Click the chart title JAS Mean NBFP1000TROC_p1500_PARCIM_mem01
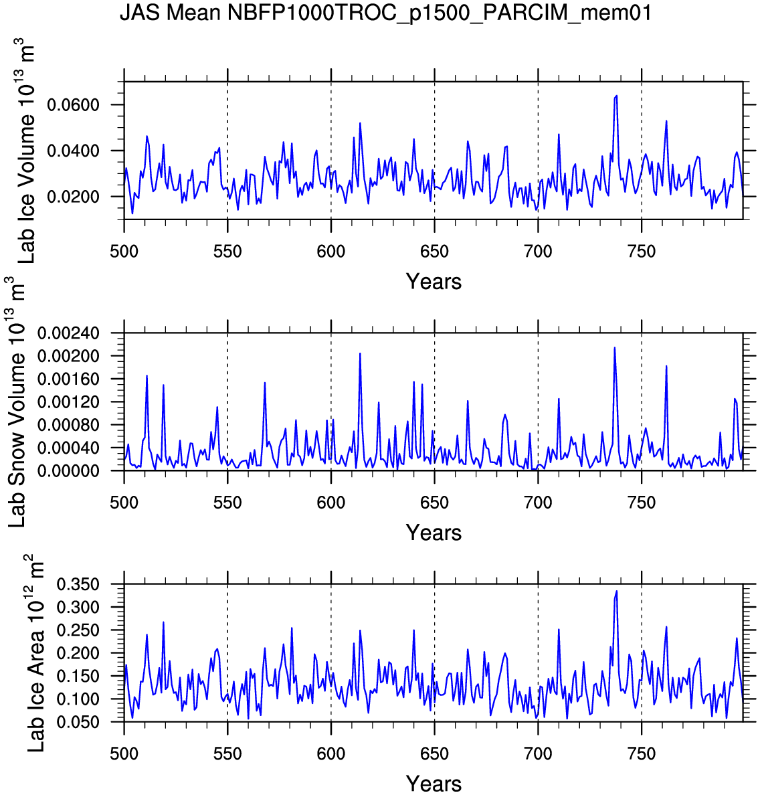(x=385, y=13)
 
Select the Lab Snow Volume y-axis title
(x=17, y=402)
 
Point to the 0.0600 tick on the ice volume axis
(x=73, y=105)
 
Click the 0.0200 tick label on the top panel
(x=73, y=197)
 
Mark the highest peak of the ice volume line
(x=616, y=96)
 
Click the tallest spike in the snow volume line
(x=614, y=347)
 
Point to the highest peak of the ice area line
(x=616, y=592)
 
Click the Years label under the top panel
(x=434, y=282)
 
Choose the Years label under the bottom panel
(x=434, y=784)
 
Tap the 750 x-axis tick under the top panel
(x=642, y=252)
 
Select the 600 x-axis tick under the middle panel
(x=331, y=503)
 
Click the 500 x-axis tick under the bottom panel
(x=124, y=754)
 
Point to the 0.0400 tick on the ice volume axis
(x=73, y=151)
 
